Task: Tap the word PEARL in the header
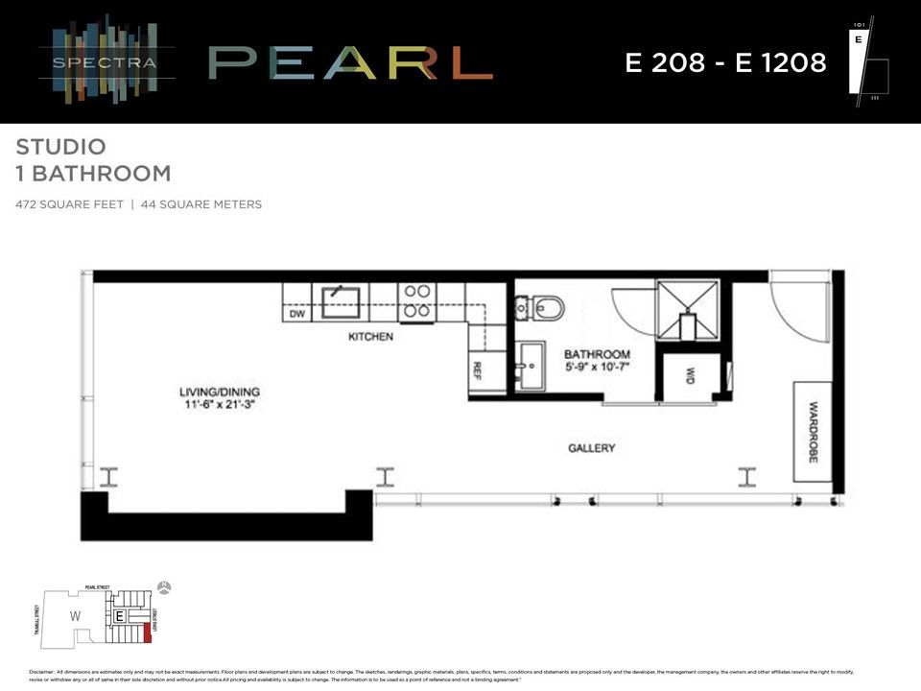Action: click(350, 63)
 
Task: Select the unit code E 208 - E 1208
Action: click(725, 63)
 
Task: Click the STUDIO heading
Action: click(60, 148)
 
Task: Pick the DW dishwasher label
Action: click(296, 313)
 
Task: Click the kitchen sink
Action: click(340, 300)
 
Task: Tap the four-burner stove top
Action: click(416, 300)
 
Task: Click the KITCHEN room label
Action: click(370, 337)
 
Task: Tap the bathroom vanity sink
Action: click(529, 368)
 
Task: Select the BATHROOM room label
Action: click(597, 354)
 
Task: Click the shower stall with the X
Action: click(687, 309)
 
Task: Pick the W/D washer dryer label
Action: click(689, 375)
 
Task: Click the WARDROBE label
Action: click(812, 432)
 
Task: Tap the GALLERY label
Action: click(591, 448)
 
